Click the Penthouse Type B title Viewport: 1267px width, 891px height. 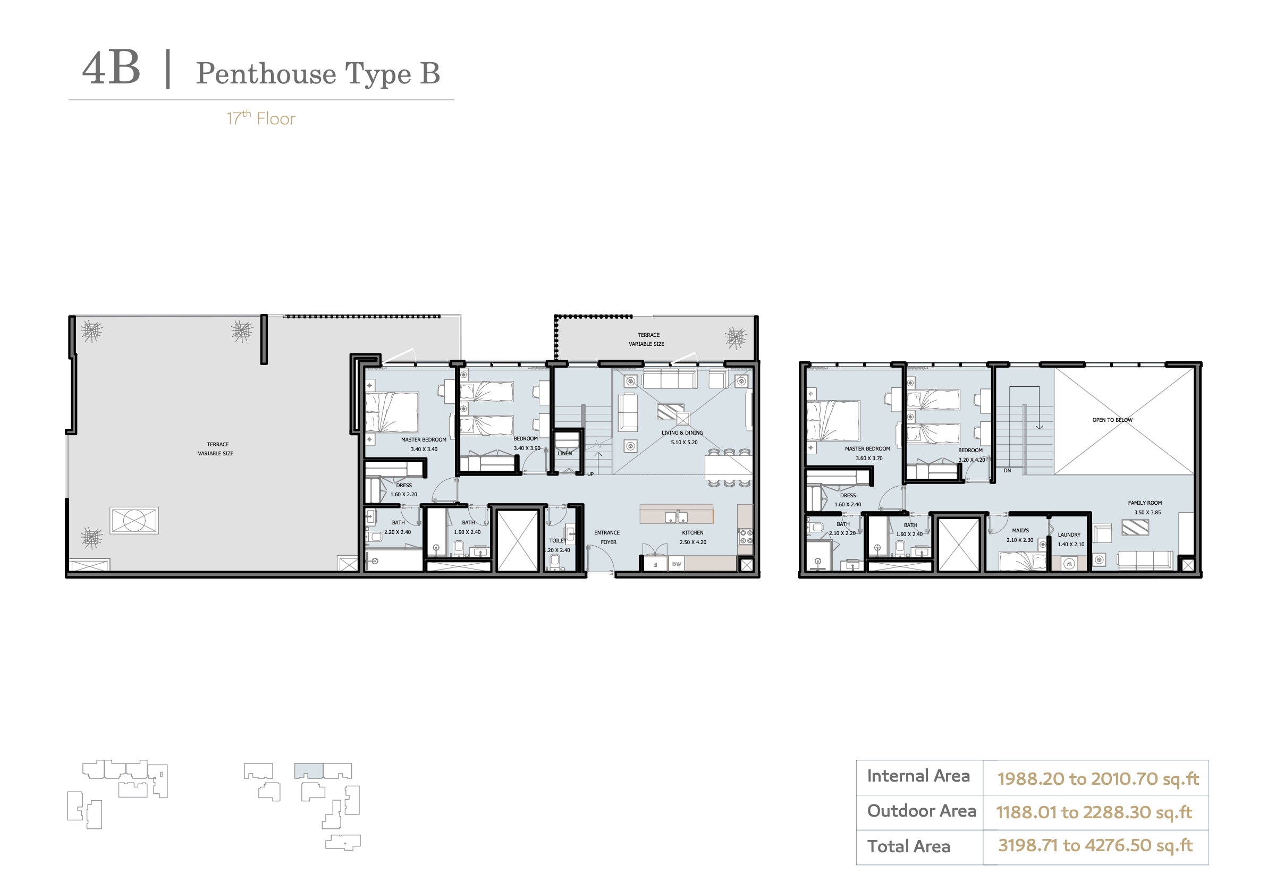318,74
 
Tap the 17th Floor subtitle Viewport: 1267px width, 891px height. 261,118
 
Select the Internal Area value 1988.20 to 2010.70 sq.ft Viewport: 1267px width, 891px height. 1097,778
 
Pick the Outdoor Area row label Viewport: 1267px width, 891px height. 922,811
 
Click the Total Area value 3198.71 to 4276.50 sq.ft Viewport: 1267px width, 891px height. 1095,845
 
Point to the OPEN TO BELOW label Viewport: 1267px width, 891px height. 1112,420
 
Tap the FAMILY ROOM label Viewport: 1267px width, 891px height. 1144,503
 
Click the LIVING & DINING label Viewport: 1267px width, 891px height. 682,432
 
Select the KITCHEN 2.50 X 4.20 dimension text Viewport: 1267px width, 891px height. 692,542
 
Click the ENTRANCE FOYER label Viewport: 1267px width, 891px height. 607,537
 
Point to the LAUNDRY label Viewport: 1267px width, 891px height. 1069,534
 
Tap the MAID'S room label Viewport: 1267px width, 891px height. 1020,530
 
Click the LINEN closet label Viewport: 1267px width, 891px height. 564,454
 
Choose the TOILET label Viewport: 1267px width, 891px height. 558,541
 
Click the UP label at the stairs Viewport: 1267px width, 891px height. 590,474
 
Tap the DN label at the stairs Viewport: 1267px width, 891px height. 1007,471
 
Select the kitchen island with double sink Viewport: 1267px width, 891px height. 677,514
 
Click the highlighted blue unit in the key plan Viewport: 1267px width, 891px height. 308,771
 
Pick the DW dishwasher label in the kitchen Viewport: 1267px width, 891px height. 677,564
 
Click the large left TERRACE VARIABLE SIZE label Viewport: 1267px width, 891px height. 216,448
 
